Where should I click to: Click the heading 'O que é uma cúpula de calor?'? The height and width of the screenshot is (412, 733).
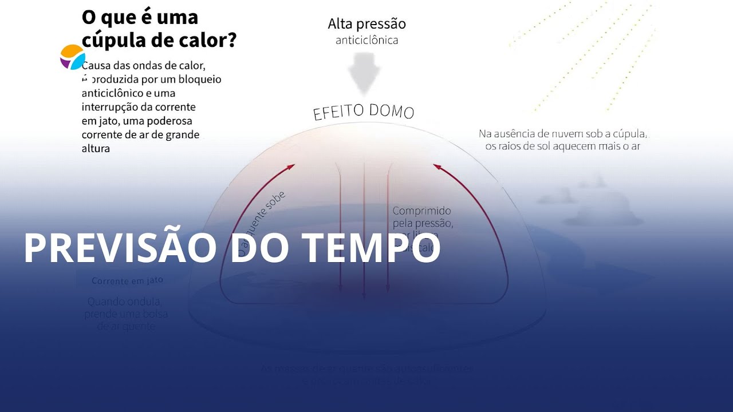coord(159,29)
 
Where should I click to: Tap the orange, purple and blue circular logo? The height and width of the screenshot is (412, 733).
coord(73,57)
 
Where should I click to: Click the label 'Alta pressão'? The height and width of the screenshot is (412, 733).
coord(366,24)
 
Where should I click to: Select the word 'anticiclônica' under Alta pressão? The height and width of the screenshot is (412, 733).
coord(366,41)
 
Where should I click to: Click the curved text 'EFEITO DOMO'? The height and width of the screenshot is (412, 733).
coord(364,111)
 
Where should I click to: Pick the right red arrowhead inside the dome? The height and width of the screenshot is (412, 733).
coord(438,167)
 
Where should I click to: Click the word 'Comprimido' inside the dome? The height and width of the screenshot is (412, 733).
coord(422,211)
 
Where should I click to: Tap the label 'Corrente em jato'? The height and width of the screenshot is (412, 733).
coord(127,281)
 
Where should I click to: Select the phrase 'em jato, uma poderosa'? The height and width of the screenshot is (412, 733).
coord(137,121)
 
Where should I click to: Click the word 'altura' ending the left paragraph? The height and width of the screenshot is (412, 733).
coord(96,149)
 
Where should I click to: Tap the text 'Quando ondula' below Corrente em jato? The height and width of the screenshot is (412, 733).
coord(124,302)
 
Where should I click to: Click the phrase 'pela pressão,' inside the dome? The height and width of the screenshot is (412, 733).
coord(423,223)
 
